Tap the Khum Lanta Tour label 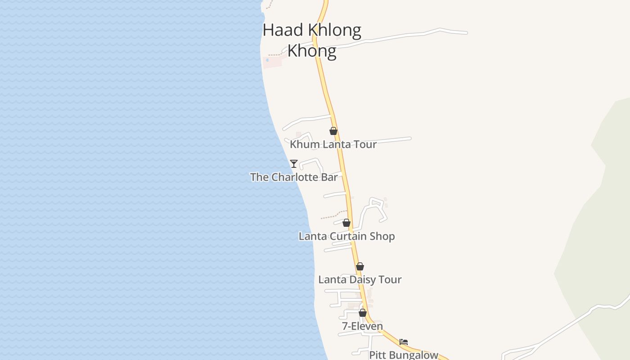pos(333,144)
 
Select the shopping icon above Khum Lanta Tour pos(333,131)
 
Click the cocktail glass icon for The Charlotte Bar pos(294,163)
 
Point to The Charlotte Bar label pos(294,177)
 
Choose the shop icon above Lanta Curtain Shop pos(346,223)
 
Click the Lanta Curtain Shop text pos(346,236)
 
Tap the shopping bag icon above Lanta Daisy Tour pos(360,266)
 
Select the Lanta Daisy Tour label pos(360,279)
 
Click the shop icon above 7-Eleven pos(363,313)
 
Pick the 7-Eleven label pos(363,326)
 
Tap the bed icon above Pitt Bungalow pos(404,342)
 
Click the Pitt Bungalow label pos(404,355)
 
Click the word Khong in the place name pos(312,51)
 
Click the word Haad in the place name pos(277,30)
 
